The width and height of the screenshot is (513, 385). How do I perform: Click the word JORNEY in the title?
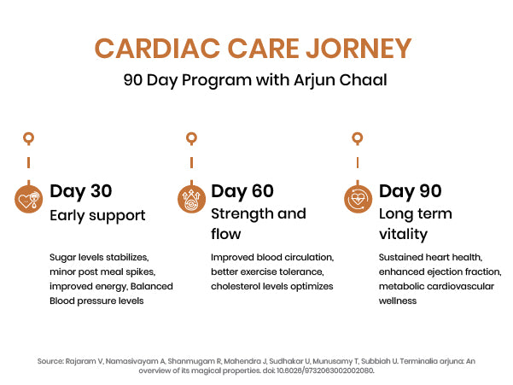tap(359, 49)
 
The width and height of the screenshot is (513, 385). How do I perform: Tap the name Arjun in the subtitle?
tap(313, 80)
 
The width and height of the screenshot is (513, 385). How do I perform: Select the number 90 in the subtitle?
tap(133, 80)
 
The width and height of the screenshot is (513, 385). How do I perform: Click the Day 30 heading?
tap(81, 191)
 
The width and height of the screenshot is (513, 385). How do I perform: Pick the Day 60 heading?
tap(242, 191)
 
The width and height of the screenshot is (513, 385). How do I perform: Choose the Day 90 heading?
tap(411, 191)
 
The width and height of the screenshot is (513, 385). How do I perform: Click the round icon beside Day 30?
tap(29, 199)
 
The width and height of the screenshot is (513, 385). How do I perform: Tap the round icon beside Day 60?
tap(192, 199)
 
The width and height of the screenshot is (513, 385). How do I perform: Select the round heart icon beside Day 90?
tap(358, 199)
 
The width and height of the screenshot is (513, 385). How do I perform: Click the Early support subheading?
tap(97, 216)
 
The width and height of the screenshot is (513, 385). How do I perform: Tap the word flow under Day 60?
tap(226, 234)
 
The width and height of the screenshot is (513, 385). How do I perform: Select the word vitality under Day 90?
tap(404, 235)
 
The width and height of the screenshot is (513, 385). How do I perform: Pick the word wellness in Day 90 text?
tap(398, 301)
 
